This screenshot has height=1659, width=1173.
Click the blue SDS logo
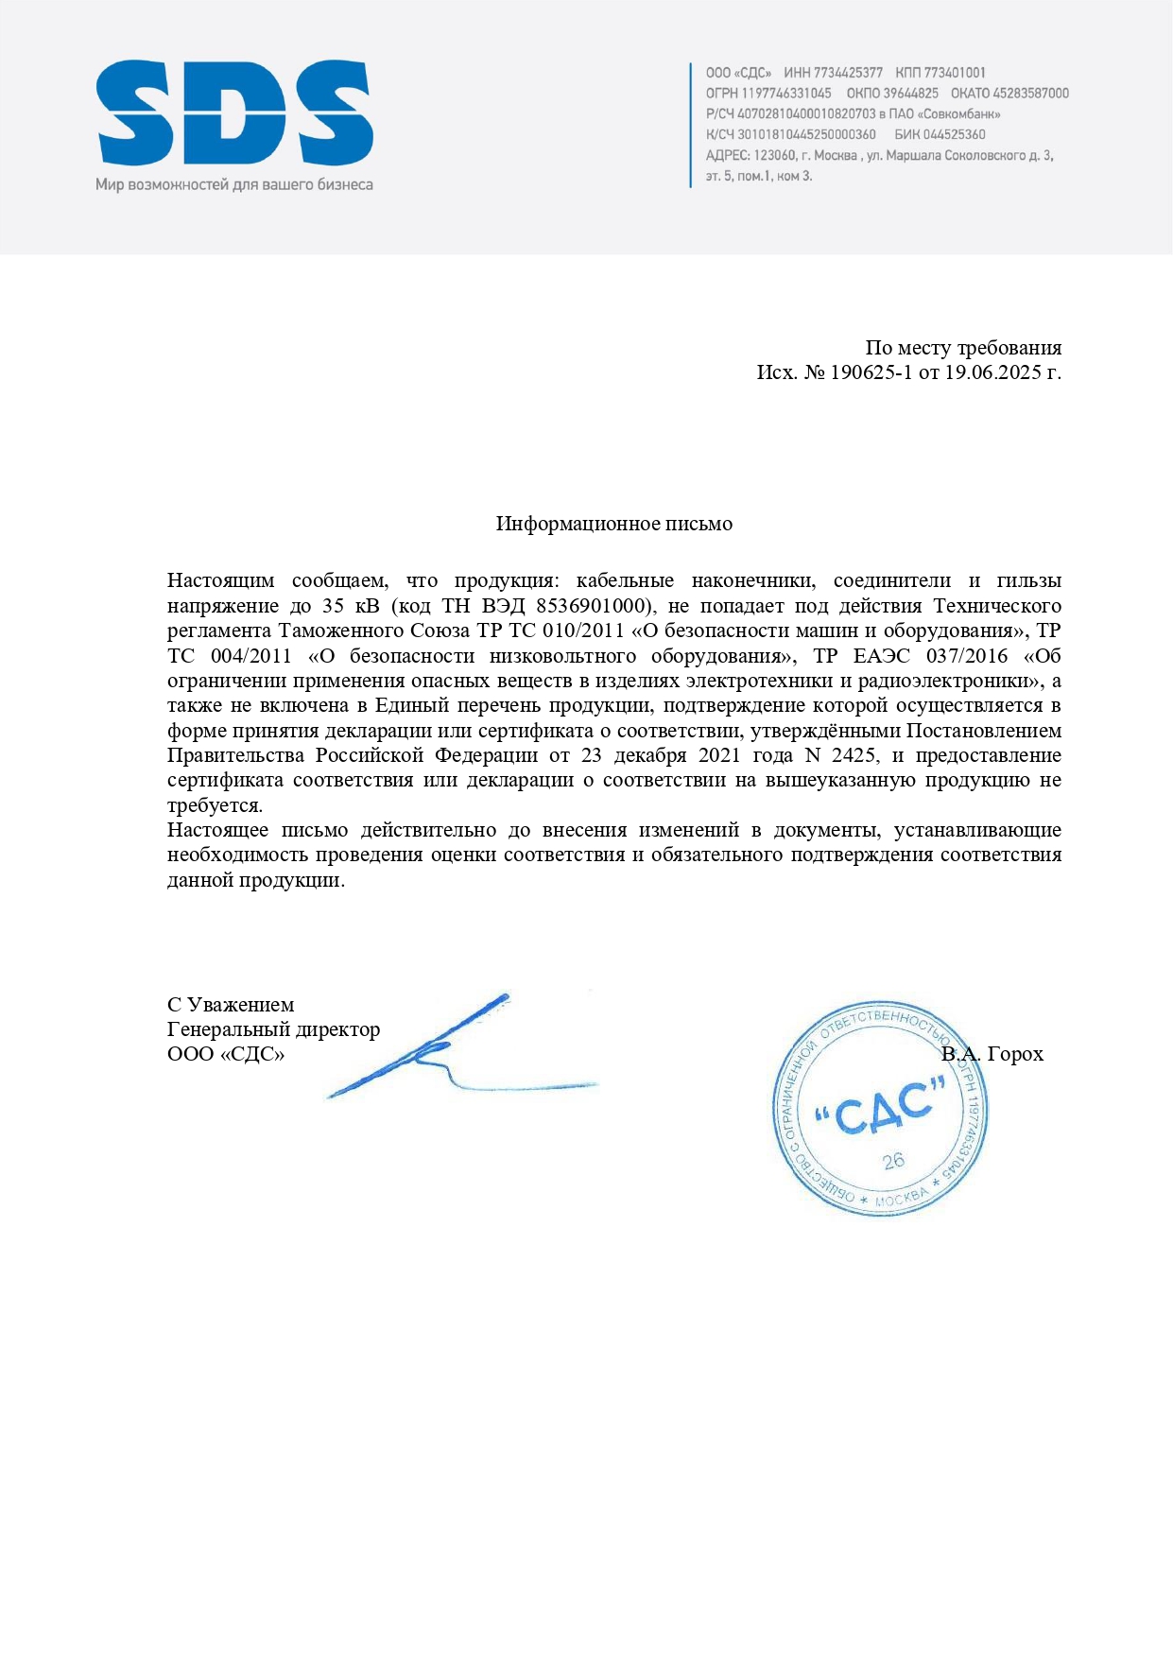coord(234,113)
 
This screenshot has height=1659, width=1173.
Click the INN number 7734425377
coord(848,73)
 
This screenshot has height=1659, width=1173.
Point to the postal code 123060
coord(774,156)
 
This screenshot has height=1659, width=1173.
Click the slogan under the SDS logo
coord(234,185)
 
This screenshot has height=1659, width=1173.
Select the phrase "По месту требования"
coord(963,348)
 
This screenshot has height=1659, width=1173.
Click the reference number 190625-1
coord(871,372)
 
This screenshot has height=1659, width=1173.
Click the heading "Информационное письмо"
coord(614,524)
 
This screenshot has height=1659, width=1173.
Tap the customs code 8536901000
coord(591,606)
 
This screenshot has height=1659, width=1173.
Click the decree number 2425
coord(854,755)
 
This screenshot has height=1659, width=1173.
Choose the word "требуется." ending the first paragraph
coord(216,805)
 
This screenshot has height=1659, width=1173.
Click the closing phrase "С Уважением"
coord(231,1005)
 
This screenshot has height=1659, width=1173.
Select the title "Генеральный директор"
coord(274,1029)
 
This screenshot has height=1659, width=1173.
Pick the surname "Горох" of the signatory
coord(1014,1054)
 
